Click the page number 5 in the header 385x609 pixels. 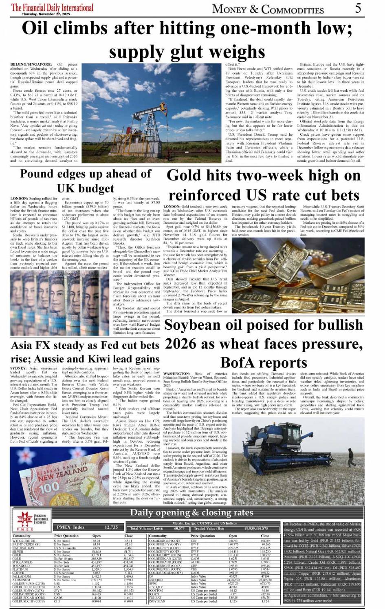tap(358, 9)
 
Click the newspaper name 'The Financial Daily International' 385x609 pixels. tap(52, 7)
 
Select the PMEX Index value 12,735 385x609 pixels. tap(111, 527)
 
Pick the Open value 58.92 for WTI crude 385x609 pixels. tap(97, 541)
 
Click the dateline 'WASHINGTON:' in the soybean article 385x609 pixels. tap(176, 374)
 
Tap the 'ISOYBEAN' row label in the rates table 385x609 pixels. tap(157, 601)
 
